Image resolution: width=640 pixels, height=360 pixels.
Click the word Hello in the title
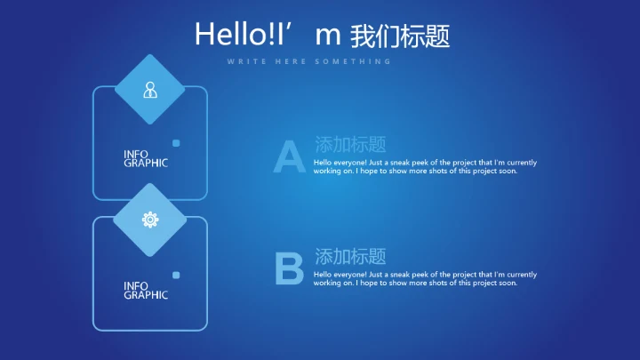(226, 35)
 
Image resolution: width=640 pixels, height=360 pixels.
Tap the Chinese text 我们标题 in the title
(400, 36)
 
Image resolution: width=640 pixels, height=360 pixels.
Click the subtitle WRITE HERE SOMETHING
(308, 61)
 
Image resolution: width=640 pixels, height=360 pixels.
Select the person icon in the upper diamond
(149, 90)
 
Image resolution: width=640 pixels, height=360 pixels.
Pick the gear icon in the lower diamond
(149, 220)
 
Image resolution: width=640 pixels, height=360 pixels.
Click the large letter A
(289, 156)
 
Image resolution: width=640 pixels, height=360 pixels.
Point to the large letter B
(289, 269)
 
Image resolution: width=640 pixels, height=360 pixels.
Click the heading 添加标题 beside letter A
(350, 144)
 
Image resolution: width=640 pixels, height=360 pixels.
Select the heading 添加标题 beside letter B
(350, 257)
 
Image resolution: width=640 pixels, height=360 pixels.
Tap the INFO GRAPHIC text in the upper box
(145, 159)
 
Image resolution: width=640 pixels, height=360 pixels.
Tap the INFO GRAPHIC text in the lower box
(145, 291)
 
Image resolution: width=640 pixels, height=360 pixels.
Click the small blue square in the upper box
(176, 143)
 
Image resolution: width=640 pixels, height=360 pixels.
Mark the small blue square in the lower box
(176, 275)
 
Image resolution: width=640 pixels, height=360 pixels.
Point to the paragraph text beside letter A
(425, 166)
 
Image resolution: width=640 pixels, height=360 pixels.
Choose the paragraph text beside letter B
(425, 279)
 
